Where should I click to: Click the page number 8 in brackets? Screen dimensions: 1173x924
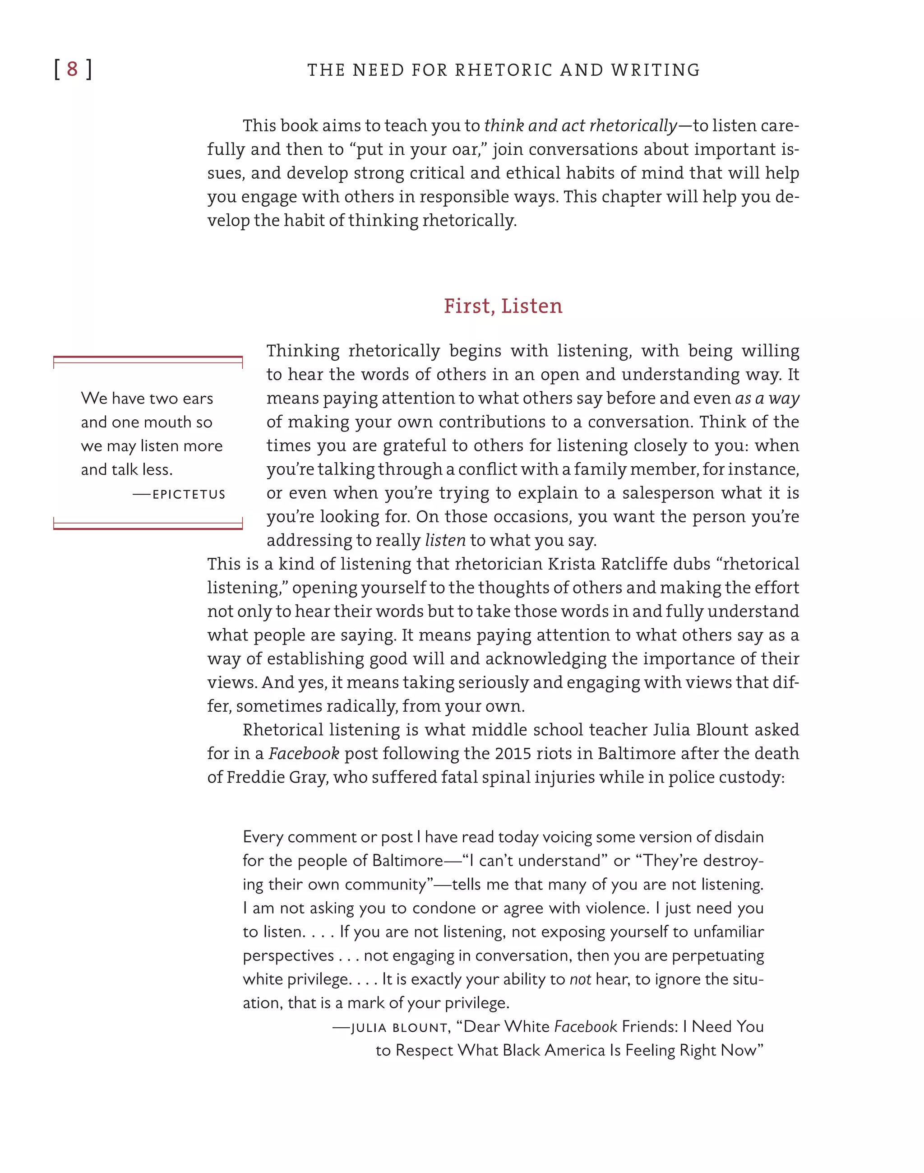pos(73,69)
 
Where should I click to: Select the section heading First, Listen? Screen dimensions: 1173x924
pos(503,306)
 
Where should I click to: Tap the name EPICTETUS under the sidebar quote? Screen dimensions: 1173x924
pos(189,494)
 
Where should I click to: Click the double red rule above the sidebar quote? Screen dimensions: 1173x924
pos(148,359)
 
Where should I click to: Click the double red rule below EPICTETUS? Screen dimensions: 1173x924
pos(148,525)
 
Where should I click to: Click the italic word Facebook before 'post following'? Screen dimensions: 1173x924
pos(304,754)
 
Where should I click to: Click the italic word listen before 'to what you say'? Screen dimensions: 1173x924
pos(445,541)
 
